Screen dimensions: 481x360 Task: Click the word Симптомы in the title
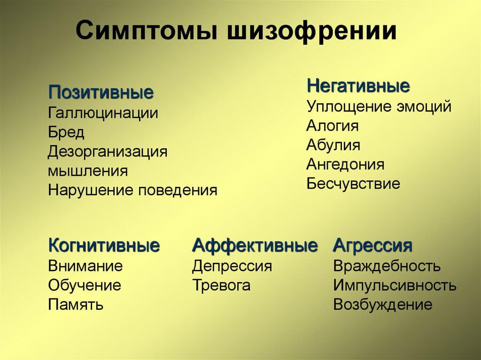tap(147, 31)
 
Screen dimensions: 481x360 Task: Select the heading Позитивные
tap(101, 92)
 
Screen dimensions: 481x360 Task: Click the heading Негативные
tap(358, 85)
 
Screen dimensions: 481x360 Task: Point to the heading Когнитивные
tap(104, 245)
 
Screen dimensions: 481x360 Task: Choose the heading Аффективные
tap(255, 245)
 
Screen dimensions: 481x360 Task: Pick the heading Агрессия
tap(372, 246)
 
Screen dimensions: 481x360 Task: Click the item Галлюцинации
tap(103, 113)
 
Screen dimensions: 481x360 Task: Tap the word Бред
tap(66, 132)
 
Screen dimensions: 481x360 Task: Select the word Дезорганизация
tap(108, 152)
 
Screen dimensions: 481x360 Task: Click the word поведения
tap(178, 191)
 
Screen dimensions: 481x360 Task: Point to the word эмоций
tap(424, 107)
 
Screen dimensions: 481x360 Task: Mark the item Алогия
tap(332, 126)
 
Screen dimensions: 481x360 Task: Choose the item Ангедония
tap(345, 165)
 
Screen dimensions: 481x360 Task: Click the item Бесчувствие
tap(353, 184)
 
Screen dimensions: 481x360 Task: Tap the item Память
tap(76, 305)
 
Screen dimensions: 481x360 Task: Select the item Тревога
tap(221, 285)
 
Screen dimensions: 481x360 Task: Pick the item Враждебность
tap(387, 266)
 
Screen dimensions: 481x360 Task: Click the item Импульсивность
tap(395, 285)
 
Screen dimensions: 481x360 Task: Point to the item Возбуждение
tap(383, 305)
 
